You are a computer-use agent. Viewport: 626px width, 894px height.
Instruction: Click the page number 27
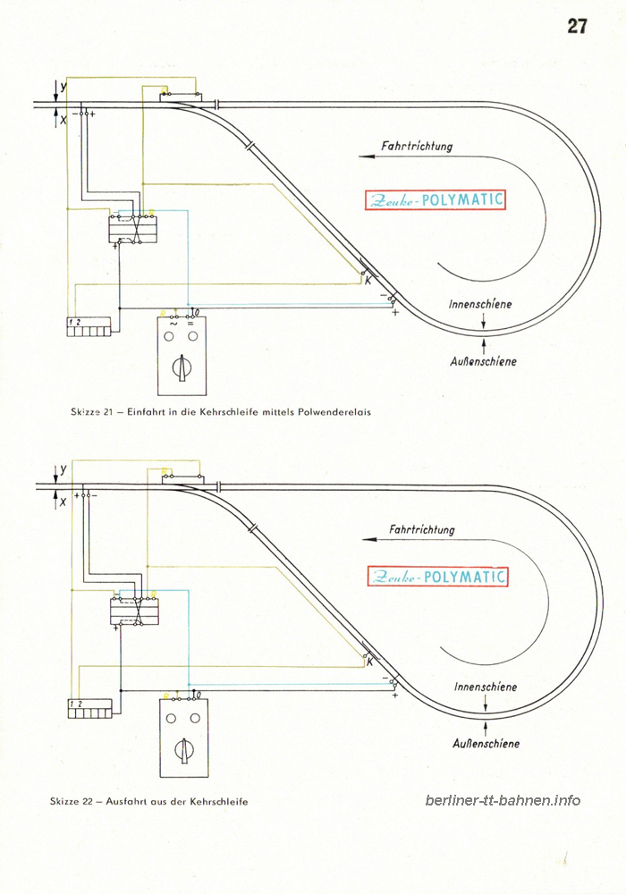pyautogui.click(x=577, y=26)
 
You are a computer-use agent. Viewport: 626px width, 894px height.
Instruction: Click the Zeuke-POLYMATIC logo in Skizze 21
pyautogui.click(x=436, y=200)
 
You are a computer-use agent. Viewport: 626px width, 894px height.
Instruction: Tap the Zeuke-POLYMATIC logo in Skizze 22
pyautogui.click(x=437, y=577)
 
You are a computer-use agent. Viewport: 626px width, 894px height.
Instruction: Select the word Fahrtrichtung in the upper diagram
pyautogui.click(x=417, y=146)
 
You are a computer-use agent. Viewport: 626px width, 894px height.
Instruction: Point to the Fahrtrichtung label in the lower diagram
pyautogui.click(x=422, y=529)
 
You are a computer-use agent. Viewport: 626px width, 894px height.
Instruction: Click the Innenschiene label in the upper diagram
pyautogui.click(x=480, y=304)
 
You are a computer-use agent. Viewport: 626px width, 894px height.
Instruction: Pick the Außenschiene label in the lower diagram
pyautogui.click(x=486, y=744)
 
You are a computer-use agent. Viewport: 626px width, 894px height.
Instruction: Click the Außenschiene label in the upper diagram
pyautogui.click(x=484, y=361)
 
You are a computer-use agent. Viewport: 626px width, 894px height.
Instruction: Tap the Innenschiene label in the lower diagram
pyautogui.click(x=486, y=687)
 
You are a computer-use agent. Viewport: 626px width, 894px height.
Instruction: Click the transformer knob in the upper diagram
pyautogui.click(x=182, y=367)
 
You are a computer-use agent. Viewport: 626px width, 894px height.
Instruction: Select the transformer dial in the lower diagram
pyautogui.click(x=183, y=750)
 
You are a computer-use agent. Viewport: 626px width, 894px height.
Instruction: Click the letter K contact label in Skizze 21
pyautogui.click(x=368, y=281)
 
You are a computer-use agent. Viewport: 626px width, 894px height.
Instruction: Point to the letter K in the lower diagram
pyautogui.click(x=370, y=662)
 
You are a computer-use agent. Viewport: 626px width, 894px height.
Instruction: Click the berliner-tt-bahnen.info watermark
pyautogui.click(x=503, y=800)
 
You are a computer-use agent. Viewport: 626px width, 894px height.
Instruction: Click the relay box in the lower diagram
pyautogui.click(x=134, y=611)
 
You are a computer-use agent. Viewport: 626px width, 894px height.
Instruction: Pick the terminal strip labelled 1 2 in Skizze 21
pyautogui.click(x=89, y=326)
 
